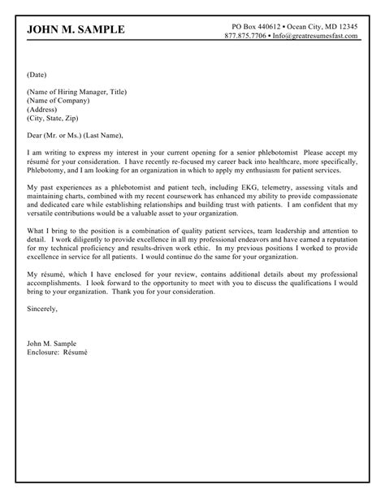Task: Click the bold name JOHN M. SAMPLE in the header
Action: [76, 30]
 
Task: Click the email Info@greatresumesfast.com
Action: [318, 37]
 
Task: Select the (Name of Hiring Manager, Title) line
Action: [76, 92]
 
